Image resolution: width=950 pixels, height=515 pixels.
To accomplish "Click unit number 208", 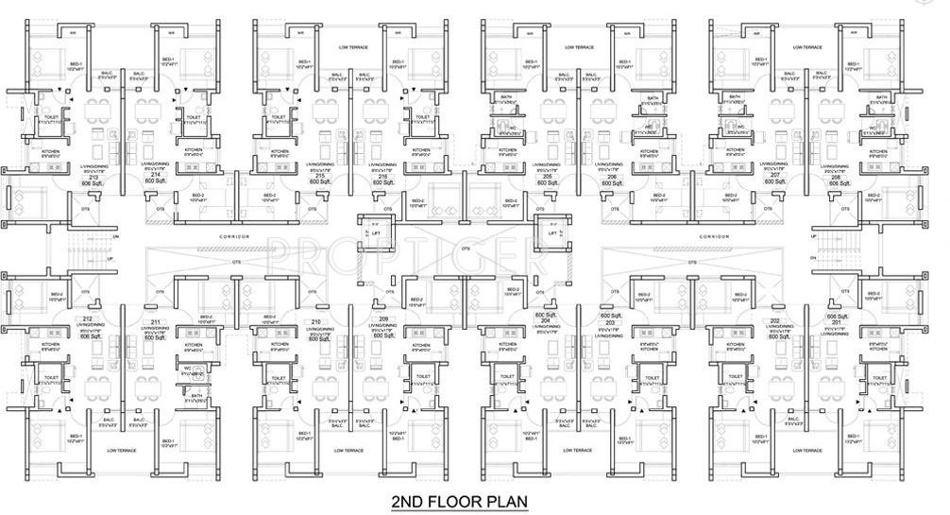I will (x=835, y=177).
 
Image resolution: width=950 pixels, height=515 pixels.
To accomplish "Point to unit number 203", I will (x=609, y=322).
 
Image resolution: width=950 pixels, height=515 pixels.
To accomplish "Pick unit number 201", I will (x=835, y=322).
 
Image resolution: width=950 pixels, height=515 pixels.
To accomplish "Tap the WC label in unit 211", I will (x=186, y=370).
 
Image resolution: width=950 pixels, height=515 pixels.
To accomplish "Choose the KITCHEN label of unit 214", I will (x=193, y=149).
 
